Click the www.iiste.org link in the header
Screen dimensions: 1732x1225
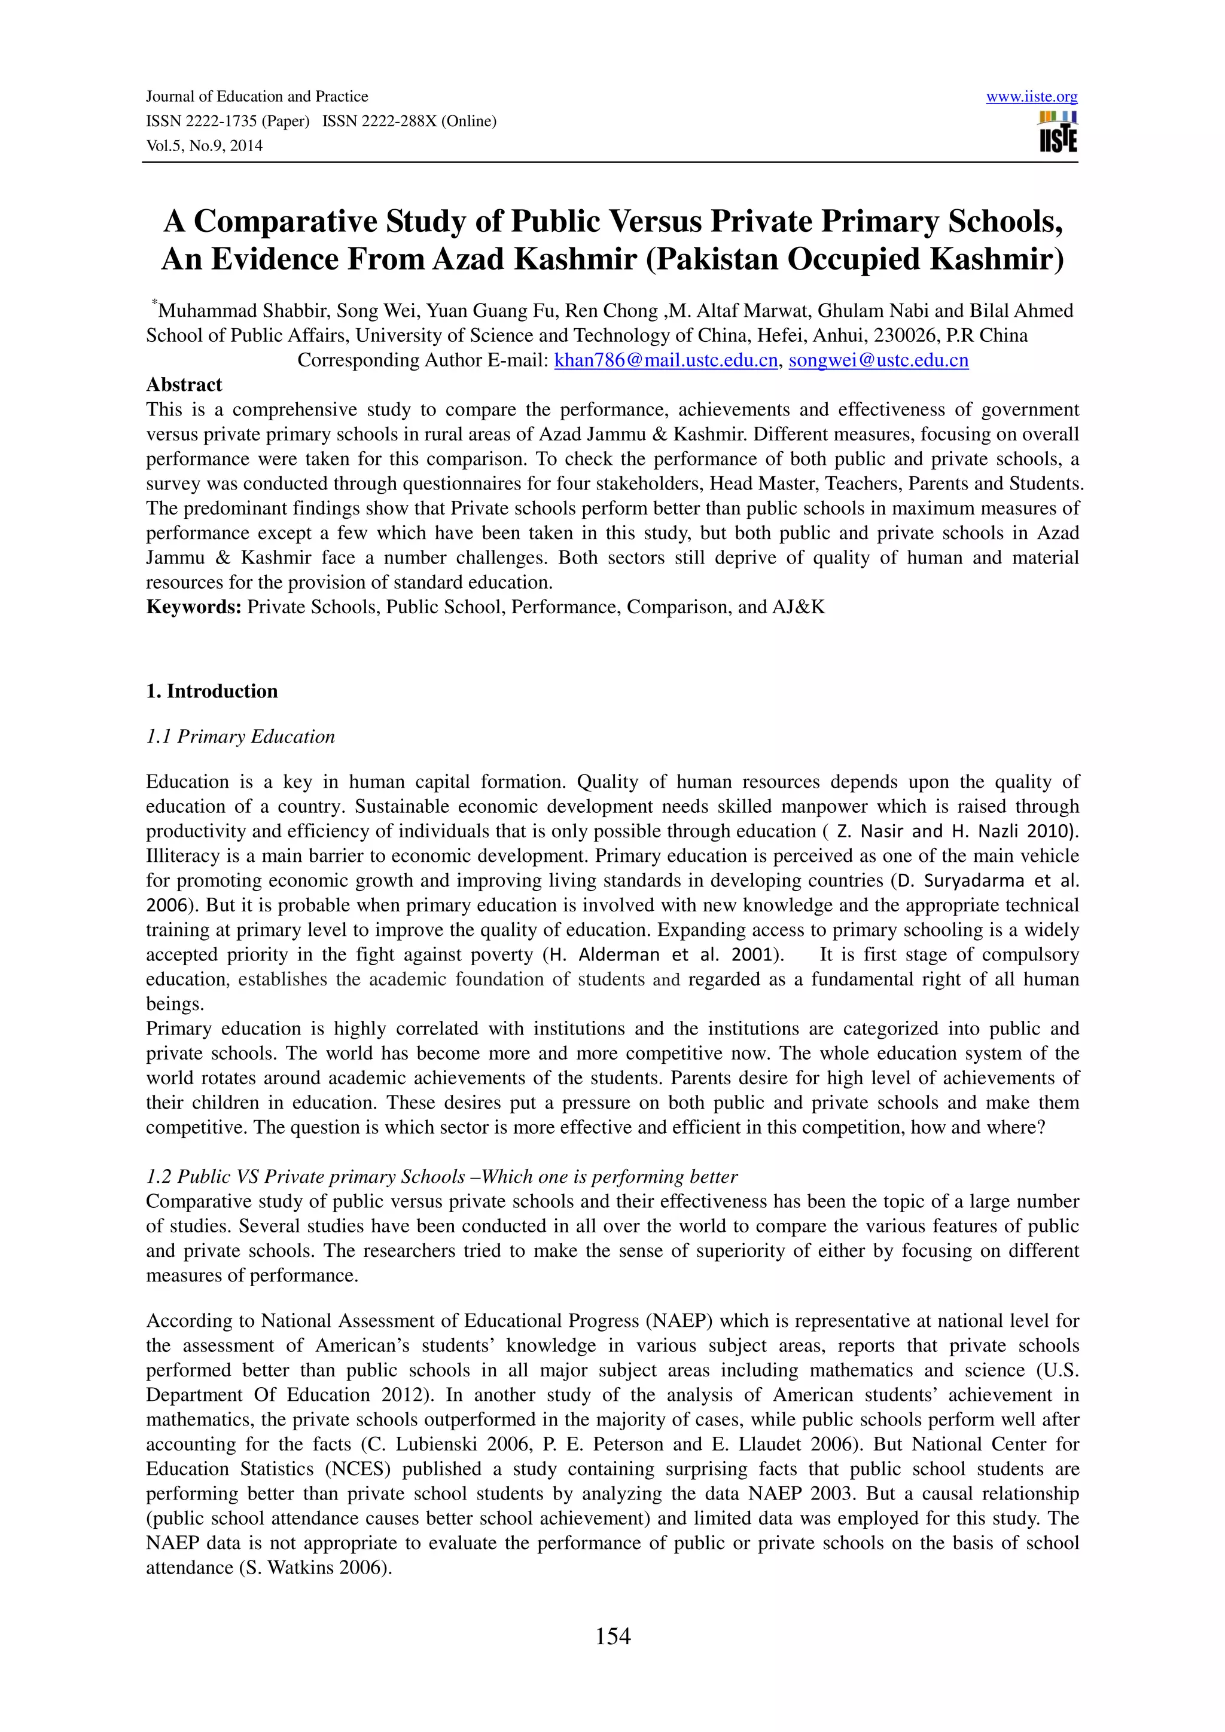[1031, 97]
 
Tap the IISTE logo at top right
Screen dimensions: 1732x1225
[1058, 133]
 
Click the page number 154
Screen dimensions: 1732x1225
[612, 1635]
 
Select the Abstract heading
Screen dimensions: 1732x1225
[184, 385]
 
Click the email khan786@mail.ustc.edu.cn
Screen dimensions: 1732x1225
[665, 360]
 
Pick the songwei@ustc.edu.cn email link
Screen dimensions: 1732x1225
[878, 360]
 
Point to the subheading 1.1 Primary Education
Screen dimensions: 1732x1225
[240, 736]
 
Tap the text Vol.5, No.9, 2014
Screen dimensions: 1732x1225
[204, 146]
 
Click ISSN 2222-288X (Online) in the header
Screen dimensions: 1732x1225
[409, 121]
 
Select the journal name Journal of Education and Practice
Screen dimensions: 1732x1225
[257, 97]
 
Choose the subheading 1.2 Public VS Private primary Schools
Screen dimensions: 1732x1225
[305, 1177]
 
